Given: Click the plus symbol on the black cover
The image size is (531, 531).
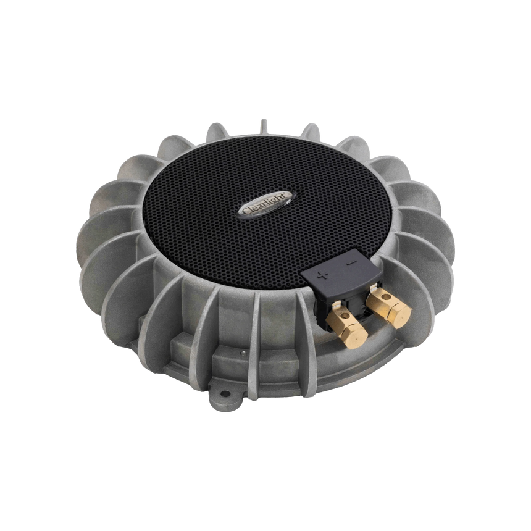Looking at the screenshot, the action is click(322, 275).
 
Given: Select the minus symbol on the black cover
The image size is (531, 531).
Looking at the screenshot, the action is click(351, 262).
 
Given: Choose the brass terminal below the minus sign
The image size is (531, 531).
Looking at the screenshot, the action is click(389, 306).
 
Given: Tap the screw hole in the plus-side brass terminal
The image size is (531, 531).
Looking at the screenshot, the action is click(345, 316).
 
